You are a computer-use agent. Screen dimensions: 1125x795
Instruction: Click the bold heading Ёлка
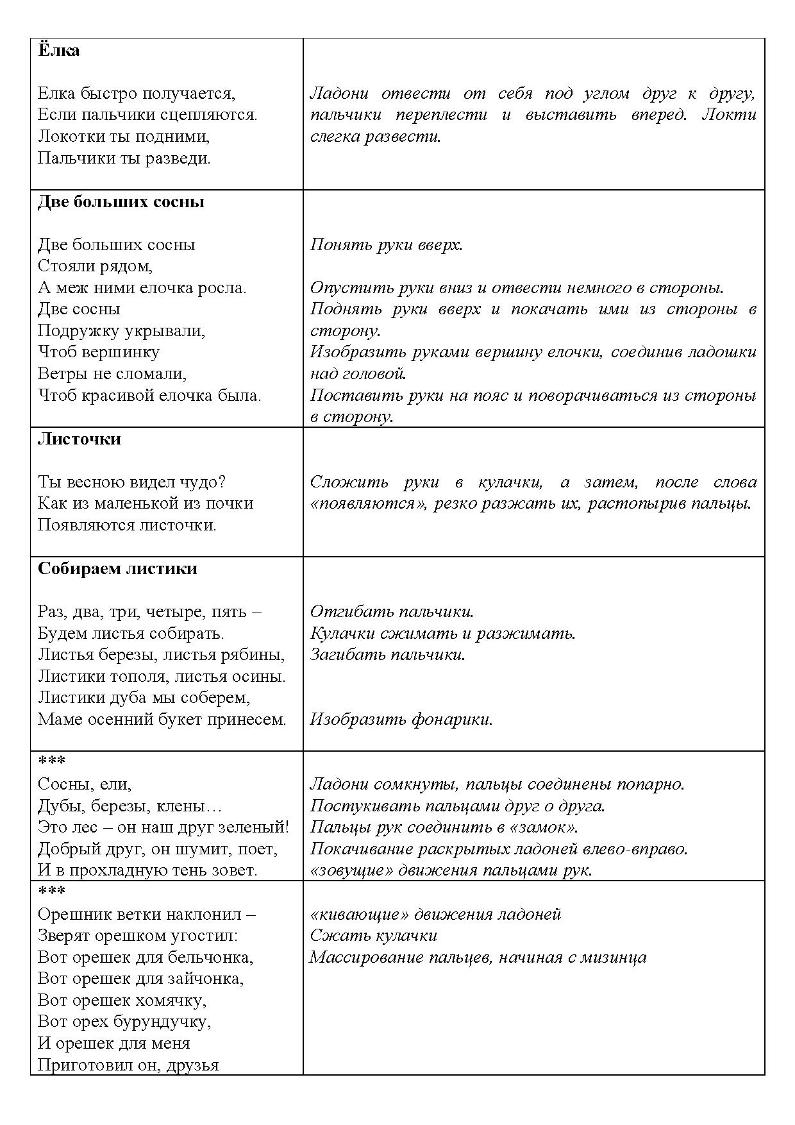(x=58, y=51)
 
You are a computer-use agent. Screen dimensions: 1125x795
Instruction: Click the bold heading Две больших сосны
(x=121, y=202)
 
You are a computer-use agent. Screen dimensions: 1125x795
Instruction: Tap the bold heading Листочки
(x=79, y=439)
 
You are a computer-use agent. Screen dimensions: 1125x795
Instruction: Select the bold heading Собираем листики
(x=117, y=569)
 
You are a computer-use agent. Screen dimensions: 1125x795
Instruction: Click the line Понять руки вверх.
(x=386, y=245)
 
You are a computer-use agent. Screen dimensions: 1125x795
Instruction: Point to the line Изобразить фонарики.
(x=401, y=720)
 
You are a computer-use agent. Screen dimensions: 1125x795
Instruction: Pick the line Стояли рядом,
(x=95, y=266)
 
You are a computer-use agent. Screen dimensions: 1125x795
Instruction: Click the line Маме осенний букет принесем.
(x=162, y=720)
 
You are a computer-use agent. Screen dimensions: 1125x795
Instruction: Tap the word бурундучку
(x=162, y=1022)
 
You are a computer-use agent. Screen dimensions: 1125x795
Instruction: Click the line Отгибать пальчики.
(x=392, y=612)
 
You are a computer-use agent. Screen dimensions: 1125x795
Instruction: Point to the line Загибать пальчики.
(x=387, y=655)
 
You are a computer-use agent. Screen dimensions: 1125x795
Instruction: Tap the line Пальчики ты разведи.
(x=124, y=158)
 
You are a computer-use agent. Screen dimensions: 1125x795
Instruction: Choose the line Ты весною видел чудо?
(x=131, y=482)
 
